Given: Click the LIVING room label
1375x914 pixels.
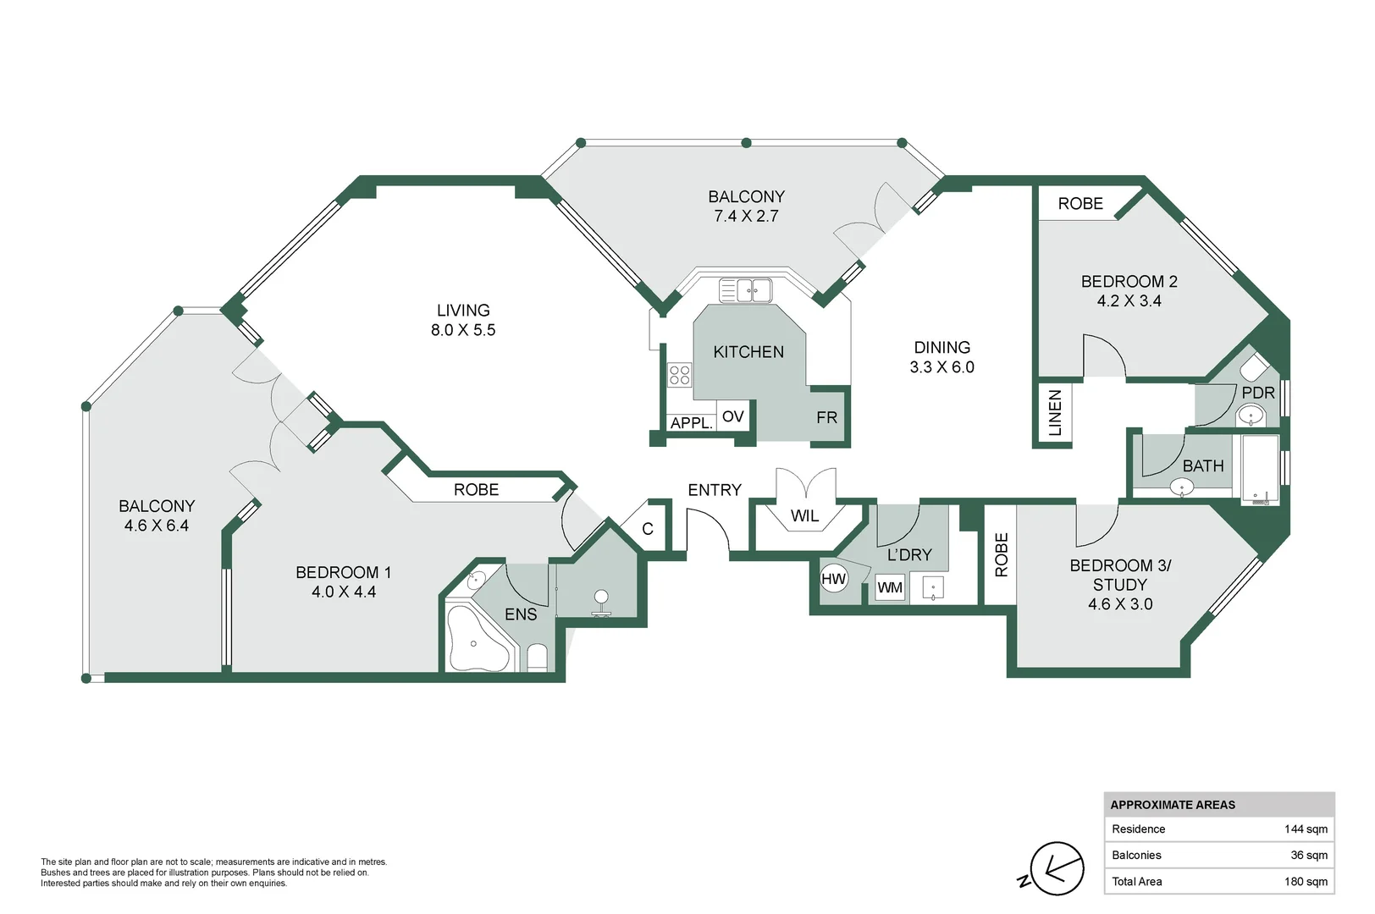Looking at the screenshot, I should click(463, 311).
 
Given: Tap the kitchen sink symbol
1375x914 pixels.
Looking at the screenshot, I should click(745, 290).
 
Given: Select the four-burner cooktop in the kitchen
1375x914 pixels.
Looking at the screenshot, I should click(679, 374).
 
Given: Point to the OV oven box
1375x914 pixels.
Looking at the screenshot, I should click(732, 416).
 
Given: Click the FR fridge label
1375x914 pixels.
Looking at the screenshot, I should click(826, 417).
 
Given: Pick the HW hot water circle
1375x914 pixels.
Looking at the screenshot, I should click(833, 579).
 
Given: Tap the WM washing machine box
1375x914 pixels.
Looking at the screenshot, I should click(889, 587).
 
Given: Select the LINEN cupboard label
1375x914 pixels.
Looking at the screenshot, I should click(1055, 413).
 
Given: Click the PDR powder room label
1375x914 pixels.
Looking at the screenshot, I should click(1257, 393).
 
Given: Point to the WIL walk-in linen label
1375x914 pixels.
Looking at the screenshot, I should click(804, 515).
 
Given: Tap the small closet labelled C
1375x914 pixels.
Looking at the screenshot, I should click(648, 529).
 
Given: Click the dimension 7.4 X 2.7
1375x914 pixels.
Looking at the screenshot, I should click(746, 216).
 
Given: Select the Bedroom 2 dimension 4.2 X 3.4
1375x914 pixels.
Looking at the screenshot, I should click(1129, 300).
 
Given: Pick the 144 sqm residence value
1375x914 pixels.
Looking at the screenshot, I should click(1305, 829).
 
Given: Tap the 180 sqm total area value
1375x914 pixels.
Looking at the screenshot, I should click(1305, 882).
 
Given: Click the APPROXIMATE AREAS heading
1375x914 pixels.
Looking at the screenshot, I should click(1172, 805).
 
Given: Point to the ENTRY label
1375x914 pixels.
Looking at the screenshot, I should click(714, 490).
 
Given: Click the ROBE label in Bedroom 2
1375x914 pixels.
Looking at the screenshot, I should click(1080, 204).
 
